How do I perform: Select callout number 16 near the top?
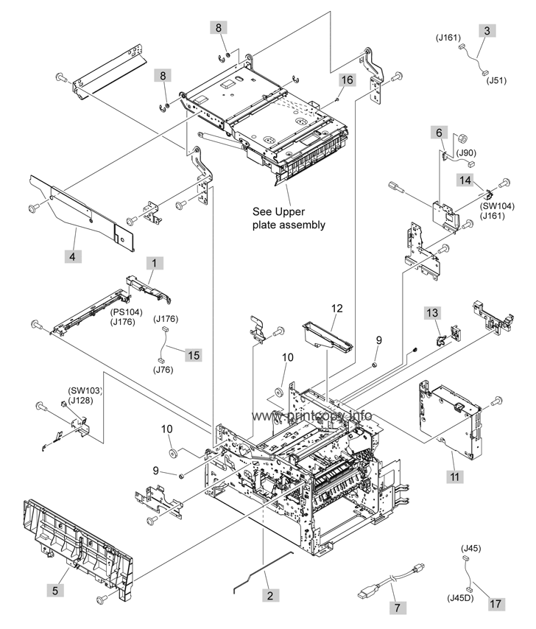[x=347, y=79]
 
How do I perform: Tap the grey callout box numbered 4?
[x=73, y=257]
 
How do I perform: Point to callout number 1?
[x=155, y=262]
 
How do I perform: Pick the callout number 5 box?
[x=55, y=590]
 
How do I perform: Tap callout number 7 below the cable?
[x=398, y=608]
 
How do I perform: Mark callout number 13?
[x=433, y=314]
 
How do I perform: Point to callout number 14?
[x=466, y=180]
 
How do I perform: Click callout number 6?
[x=440, y=132]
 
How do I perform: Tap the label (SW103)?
[x=84, y=390]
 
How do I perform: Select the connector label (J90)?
[x=467, y=152]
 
